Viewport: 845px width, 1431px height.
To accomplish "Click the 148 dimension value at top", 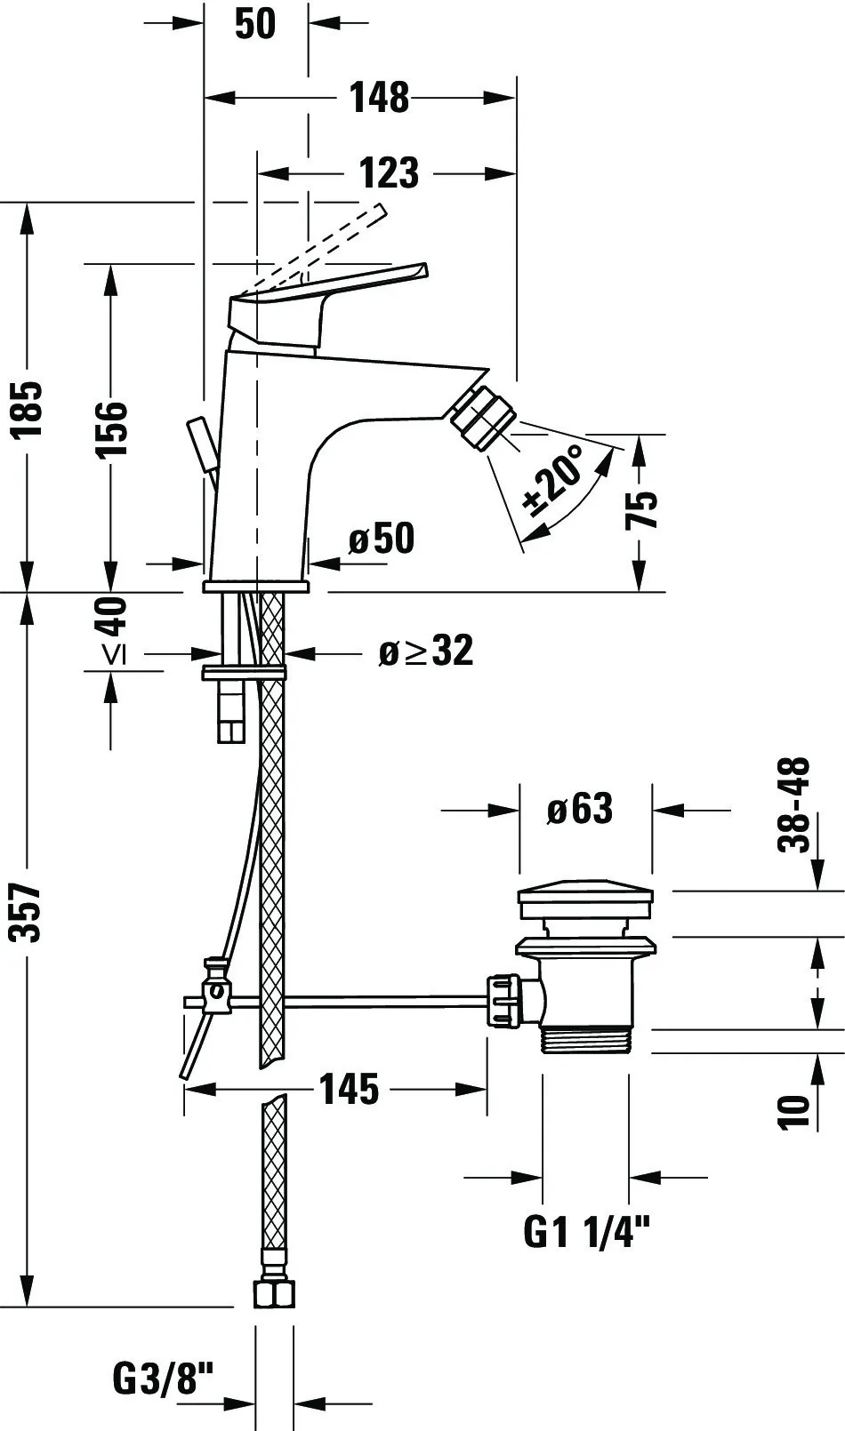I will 379,97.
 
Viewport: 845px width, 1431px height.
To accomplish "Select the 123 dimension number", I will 389,172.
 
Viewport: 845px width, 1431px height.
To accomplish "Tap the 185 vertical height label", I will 28,410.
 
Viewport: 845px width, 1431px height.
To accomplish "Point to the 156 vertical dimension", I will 112,429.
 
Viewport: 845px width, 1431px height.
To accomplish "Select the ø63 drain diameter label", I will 580,809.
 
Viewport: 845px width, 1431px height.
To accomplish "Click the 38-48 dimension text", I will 794,804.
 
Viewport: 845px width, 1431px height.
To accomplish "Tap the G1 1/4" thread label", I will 587,1232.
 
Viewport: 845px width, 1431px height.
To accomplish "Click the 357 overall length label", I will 28,912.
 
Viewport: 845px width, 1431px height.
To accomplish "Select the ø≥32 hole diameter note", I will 425,652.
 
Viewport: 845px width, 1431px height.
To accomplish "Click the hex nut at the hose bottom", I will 274,1292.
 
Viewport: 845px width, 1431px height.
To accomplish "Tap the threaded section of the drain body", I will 584,1041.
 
